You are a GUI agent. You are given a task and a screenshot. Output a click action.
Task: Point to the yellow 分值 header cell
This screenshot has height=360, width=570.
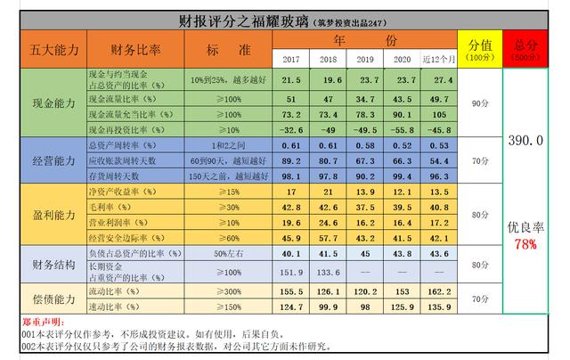482,48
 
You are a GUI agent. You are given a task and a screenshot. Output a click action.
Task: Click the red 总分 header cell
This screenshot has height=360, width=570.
526,48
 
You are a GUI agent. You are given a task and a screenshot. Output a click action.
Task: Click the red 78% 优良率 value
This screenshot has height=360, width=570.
526,243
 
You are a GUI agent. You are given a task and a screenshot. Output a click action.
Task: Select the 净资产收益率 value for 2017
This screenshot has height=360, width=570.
290,192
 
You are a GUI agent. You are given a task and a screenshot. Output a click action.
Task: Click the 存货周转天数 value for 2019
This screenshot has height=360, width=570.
365,176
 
